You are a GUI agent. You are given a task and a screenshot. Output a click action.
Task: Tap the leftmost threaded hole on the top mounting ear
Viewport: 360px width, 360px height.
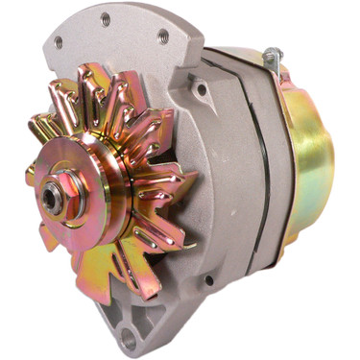pos(58,41)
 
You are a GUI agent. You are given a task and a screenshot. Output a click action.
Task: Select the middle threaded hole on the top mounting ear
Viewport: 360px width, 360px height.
pos(105,19)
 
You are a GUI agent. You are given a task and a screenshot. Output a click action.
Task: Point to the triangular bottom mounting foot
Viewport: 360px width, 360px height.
pos(134,322)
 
